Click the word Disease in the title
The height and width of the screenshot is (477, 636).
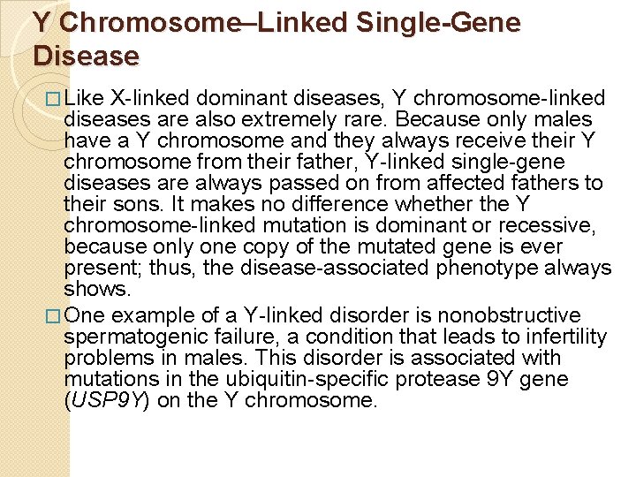(x=87, y=56)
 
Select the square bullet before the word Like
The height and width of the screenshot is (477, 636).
(x=55, y=99)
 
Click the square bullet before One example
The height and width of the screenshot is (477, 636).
(x=55, y=316)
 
